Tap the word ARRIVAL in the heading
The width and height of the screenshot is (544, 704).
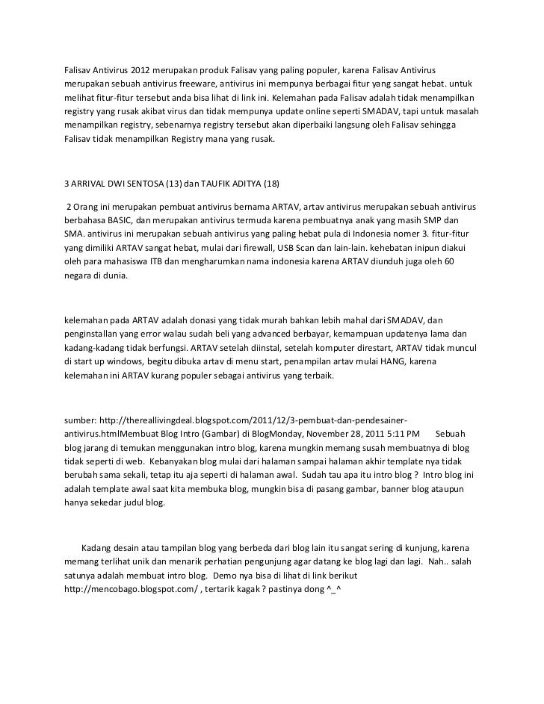point(93,184)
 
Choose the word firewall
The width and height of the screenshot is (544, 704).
point(256,249)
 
